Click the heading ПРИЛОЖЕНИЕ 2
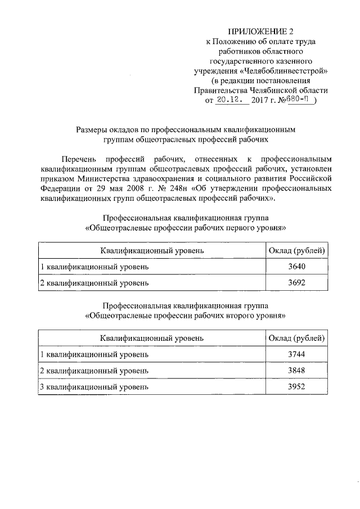260,30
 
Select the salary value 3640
296,267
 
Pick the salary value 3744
296,355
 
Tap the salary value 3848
296,371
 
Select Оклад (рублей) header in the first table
296,250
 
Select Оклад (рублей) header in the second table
296,338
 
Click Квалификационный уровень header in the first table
152,250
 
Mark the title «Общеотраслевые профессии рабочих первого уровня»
185,228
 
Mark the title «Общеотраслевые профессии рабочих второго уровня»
185,316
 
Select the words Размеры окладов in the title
107,129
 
